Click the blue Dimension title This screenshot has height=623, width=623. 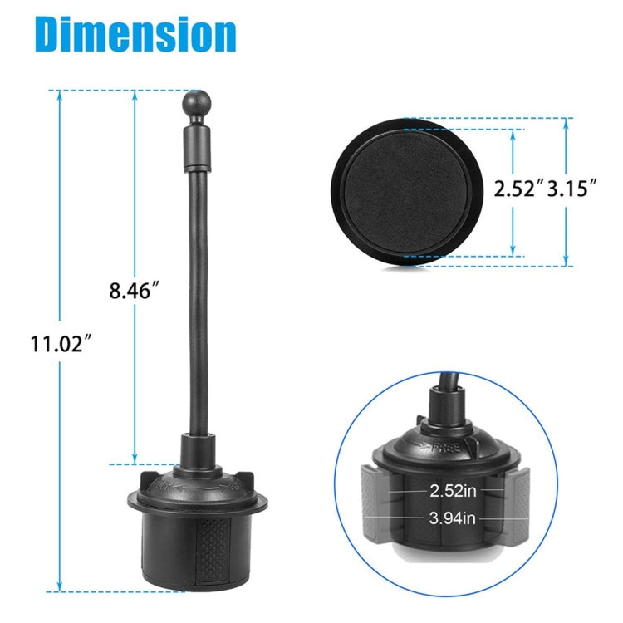tap(135, 34)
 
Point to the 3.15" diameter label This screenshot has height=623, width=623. tap(572, 188)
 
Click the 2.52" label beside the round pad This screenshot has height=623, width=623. tap(518, 188)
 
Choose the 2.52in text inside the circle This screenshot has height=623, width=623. tap(453, 491)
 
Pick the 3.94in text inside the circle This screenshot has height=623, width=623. tap(453, 518)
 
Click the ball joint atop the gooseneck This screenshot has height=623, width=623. tap(197, 102)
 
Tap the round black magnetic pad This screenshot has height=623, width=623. tap(407, 193)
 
